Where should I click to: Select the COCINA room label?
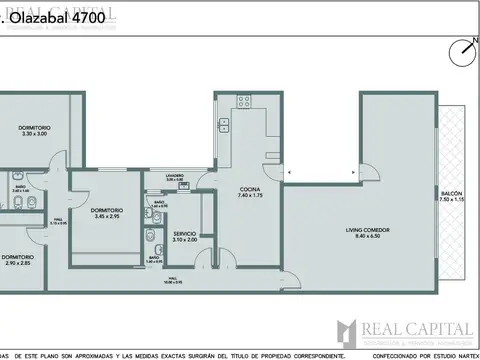click(250, 189)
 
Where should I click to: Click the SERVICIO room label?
click(184, 233)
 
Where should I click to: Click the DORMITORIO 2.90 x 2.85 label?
click(16, 257)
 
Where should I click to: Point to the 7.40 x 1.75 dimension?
click(250, 196)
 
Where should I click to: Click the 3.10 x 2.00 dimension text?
click(184, 240)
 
